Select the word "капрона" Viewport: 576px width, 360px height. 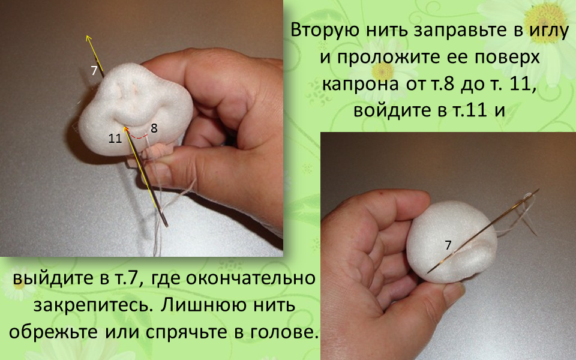point(360,84)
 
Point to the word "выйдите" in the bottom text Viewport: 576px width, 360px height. point(53,278)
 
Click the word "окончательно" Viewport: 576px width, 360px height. point(251,278)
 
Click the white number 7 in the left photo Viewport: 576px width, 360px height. point(94,70)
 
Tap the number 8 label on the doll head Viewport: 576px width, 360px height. point(154,128)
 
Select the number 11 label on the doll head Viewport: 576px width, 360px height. point(115,139)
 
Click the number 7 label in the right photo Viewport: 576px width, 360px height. point(448,245)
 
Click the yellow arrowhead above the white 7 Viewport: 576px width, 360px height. point(88,38)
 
